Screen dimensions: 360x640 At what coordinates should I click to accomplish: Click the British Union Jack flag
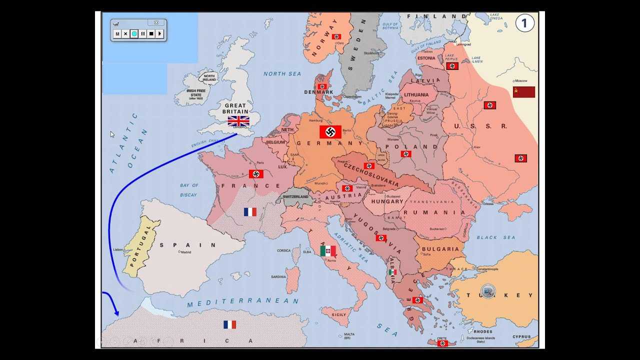pyautogui.click(x=238, y=120)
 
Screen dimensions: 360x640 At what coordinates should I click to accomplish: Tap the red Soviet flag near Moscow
pyautogui.click(x=523, y=92)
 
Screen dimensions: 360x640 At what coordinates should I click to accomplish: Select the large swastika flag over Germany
pyautogui.click(x=330, y=132)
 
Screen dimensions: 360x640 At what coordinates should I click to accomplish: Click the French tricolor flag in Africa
pyautogui.click(x=229, y=324)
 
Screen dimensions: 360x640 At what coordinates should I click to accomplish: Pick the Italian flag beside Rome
pyautogui.click(x=328, y=250)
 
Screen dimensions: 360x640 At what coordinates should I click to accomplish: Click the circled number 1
pyautogui.click(x=525, y=23)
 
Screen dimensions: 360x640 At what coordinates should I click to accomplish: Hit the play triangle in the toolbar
pyautogui.click(x=159, y=34)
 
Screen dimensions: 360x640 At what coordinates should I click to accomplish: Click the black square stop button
pyautogui.click(x=151, y=34)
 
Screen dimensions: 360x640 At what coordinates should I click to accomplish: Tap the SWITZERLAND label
pyautogui.click(x=295, y=197)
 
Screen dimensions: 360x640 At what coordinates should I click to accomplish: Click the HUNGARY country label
pyautogui.click(x=387, y=201)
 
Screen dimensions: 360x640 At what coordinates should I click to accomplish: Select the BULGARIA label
pyautogui.click(x=440, y=249)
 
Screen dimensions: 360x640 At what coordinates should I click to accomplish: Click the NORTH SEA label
pyautogui.click(x=282, y=74)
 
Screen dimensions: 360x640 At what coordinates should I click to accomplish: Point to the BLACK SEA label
pyautogui.click(x=495, y=237)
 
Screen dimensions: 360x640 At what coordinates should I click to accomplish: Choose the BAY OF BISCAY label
pyautogui.click(x=189, y=190)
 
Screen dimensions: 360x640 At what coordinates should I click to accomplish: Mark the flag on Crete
pyautogui.click(x=442, y=343)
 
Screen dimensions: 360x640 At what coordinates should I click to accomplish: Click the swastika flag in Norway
pyautogui.click(x=336, y=36)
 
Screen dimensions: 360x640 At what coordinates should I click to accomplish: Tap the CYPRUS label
pyautogui.click(x=521, y=337)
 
